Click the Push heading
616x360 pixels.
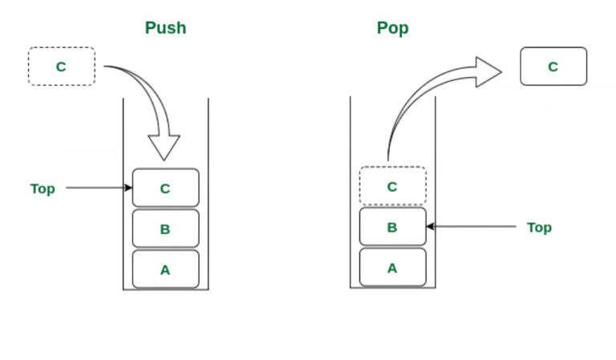click(165, 28)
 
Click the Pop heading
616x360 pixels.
click(392, 28)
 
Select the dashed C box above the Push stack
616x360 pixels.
click(62, 67)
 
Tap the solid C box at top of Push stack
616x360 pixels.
click(165, 188)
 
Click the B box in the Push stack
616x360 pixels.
click(165, 229)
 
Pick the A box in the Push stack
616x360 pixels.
click(165, 269)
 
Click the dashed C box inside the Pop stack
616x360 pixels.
click(392, 186)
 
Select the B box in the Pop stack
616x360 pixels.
click(392, 227)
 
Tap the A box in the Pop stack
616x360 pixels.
click(392, 267)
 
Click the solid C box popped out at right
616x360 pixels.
click(553, 67)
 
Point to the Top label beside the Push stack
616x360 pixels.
click(43, 189)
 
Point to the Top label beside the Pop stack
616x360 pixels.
click(539, 228)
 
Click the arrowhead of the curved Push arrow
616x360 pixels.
click(165, 148)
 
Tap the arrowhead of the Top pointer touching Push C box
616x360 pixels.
click(128, 188)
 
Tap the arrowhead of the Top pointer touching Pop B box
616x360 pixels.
click(430, 227)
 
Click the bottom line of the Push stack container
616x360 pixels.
click(165, 289)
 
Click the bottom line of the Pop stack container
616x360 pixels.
click(392, 288)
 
